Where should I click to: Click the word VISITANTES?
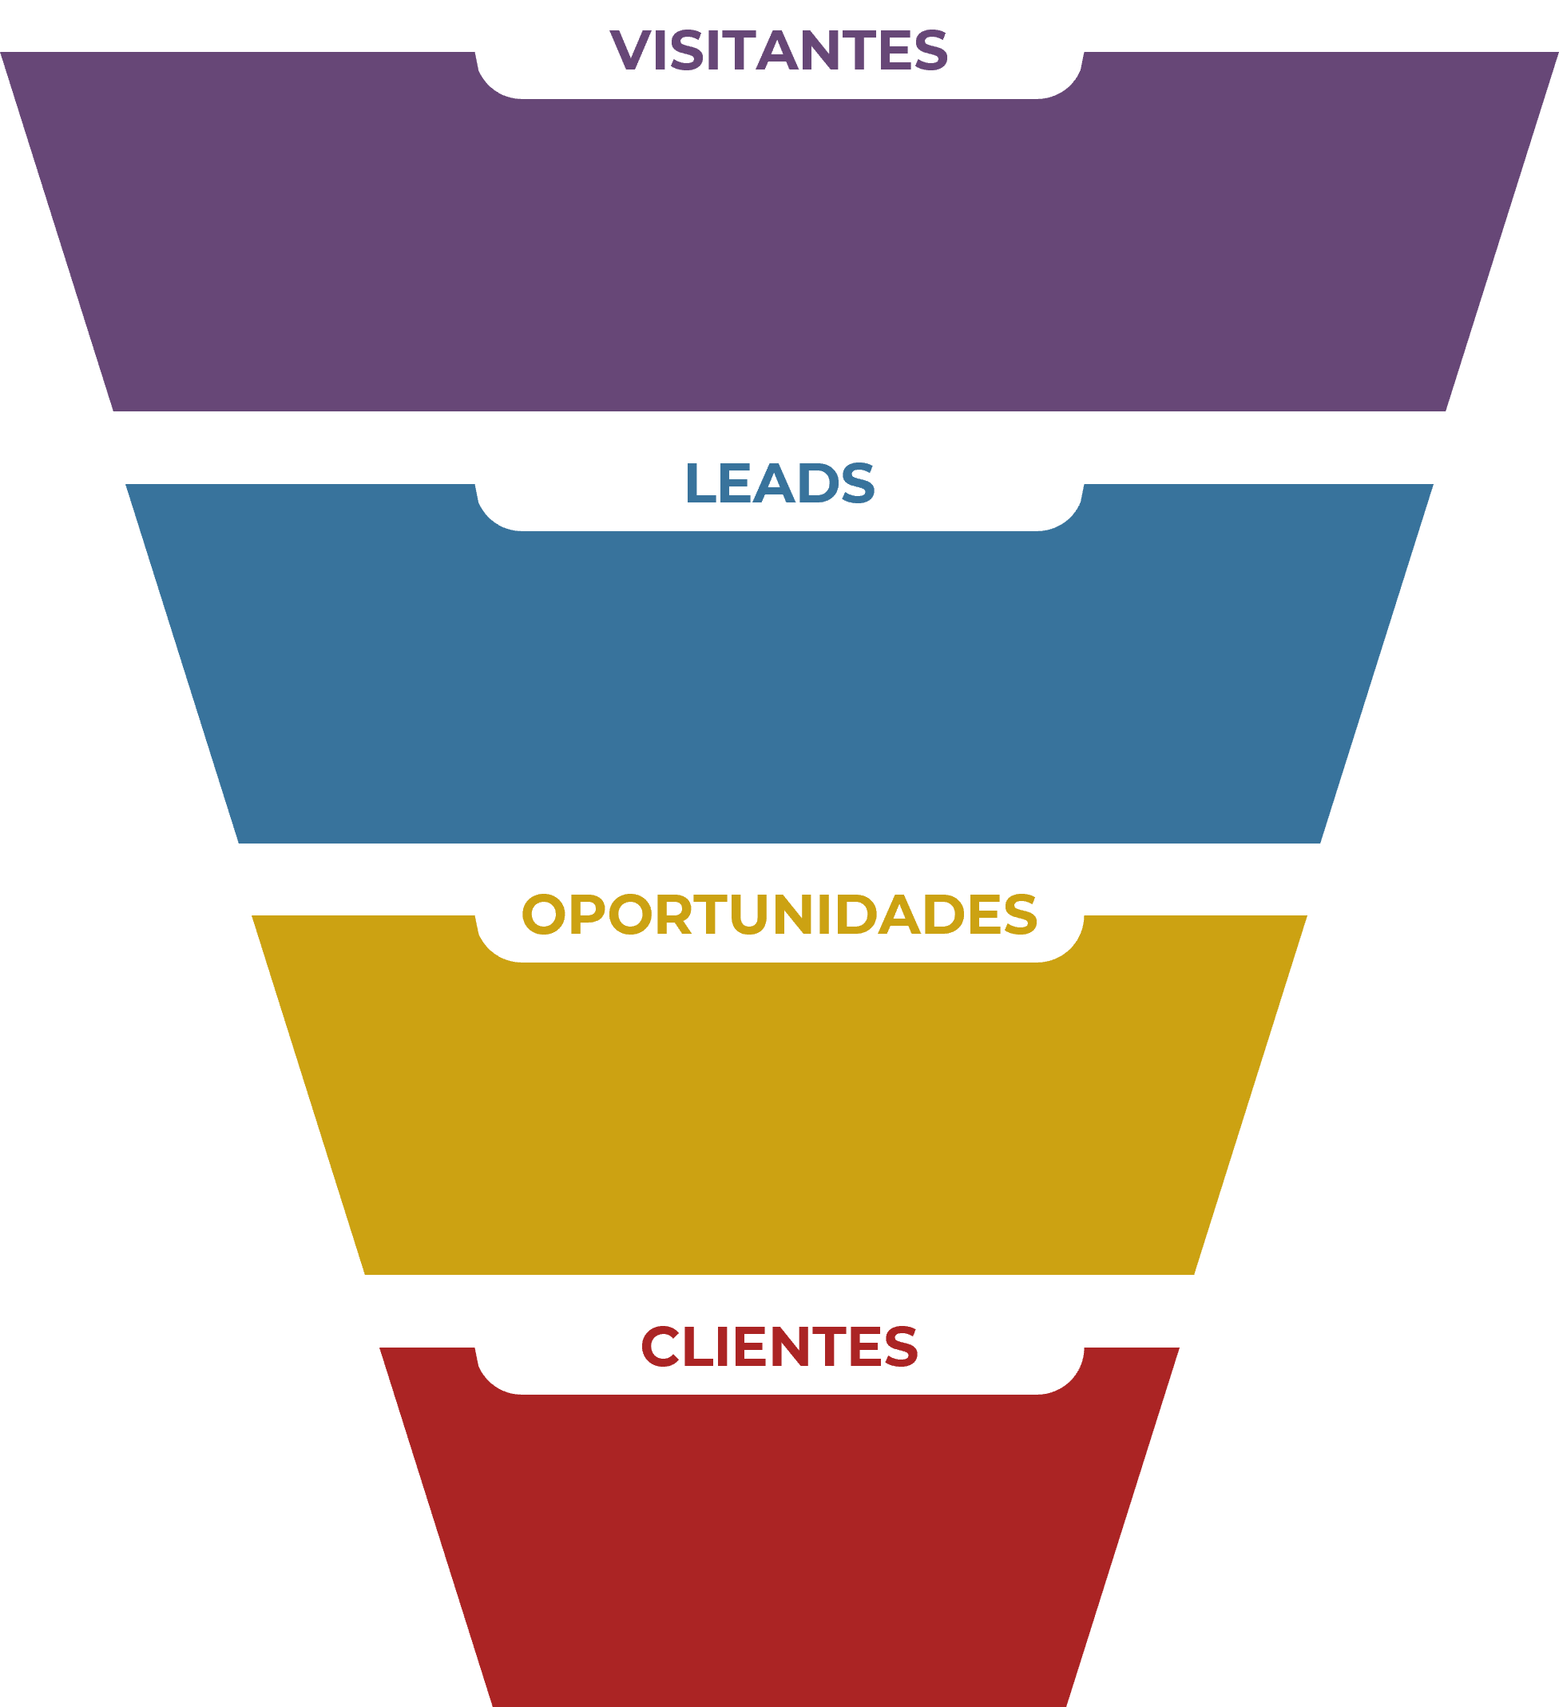[x=778, y=51]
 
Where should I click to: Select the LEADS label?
[x=779, y=483]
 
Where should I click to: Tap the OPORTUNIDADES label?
[x=779, y=915]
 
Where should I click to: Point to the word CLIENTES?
[x=779, y=1346]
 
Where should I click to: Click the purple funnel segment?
[x=779, y=254]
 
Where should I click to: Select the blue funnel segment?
[x=779, y=686]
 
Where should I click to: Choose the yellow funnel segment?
[x=779, y=1117]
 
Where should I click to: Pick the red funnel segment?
[x=779, y=1550]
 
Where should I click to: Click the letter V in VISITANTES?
[x=629, y=51]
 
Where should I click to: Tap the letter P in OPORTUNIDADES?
[x=588, y=915]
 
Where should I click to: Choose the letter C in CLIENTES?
[x=660, y=1346]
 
